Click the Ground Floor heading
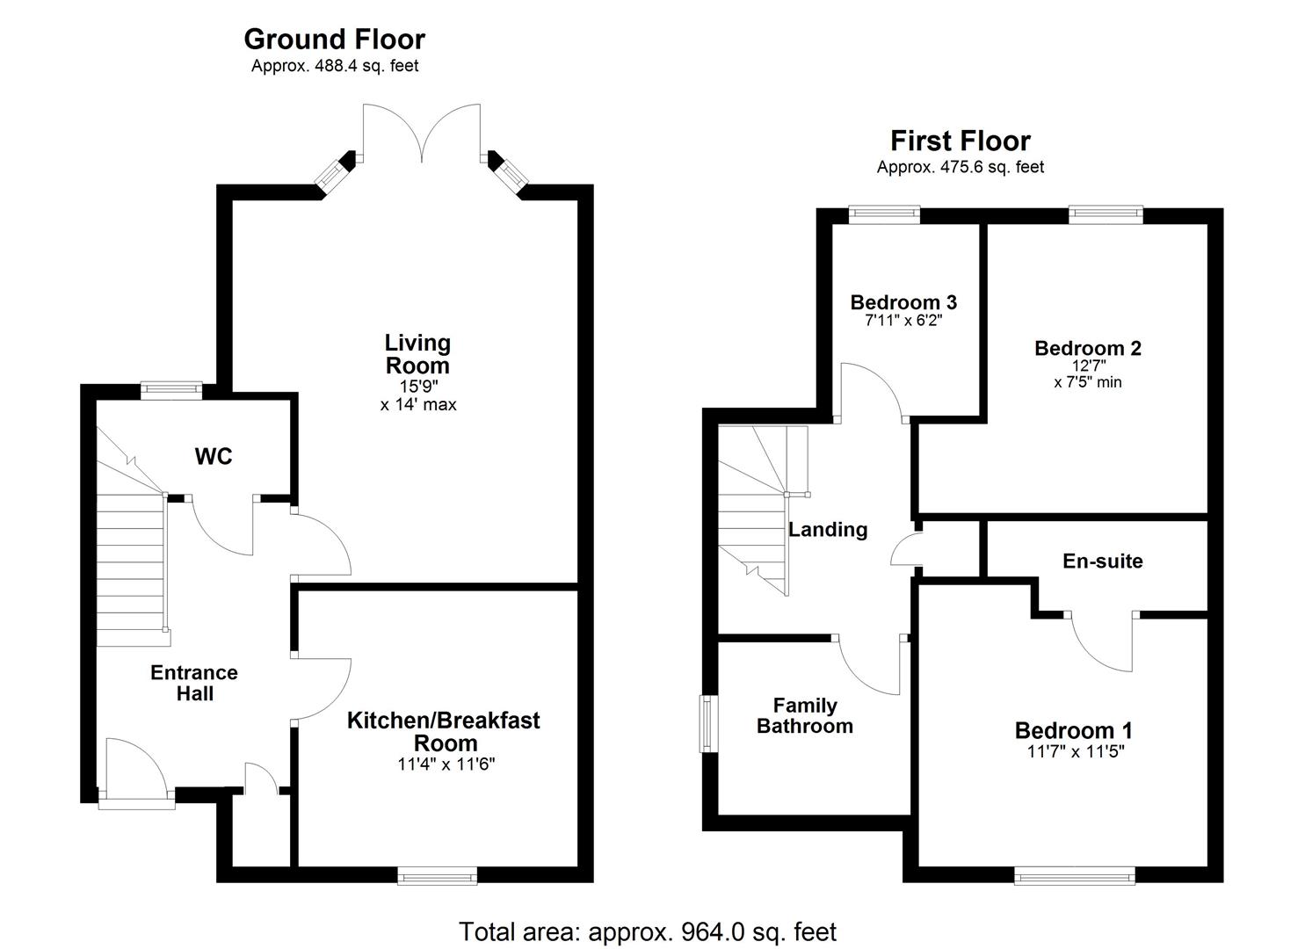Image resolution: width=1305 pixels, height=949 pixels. pos(334,40)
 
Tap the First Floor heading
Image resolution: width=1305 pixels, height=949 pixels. pos(960,141)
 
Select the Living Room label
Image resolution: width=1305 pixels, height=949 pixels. pos(417,354)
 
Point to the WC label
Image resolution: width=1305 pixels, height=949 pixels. pos(214,456)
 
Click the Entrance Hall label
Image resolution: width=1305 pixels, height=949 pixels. pos(194,683)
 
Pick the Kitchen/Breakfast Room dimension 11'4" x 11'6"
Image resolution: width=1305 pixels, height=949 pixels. pos(446,764)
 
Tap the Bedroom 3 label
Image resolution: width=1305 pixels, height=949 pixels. pos(903,302)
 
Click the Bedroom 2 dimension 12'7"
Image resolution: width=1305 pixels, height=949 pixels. pos(1088,366)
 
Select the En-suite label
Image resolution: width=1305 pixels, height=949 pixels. pos(1102,561)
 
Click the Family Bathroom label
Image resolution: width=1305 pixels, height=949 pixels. pos(804,715)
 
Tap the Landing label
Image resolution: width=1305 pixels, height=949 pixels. pos(828,529)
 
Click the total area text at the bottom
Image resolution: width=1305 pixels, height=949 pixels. pos(648,931)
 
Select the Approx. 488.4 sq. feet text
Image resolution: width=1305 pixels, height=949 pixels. pos(335,66)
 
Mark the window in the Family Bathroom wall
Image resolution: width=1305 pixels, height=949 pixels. pos(707,724)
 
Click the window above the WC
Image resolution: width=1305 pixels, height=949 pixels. pos(172,391)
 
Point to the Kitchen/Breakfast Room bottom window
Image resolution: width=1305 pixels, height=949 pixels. pos(437,875)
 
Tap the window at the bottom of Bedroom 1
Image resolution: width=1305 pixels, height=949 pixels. pos(1074,875)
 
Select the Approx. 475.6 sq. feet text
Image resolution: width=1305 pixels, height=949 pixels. pos(960,167)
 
